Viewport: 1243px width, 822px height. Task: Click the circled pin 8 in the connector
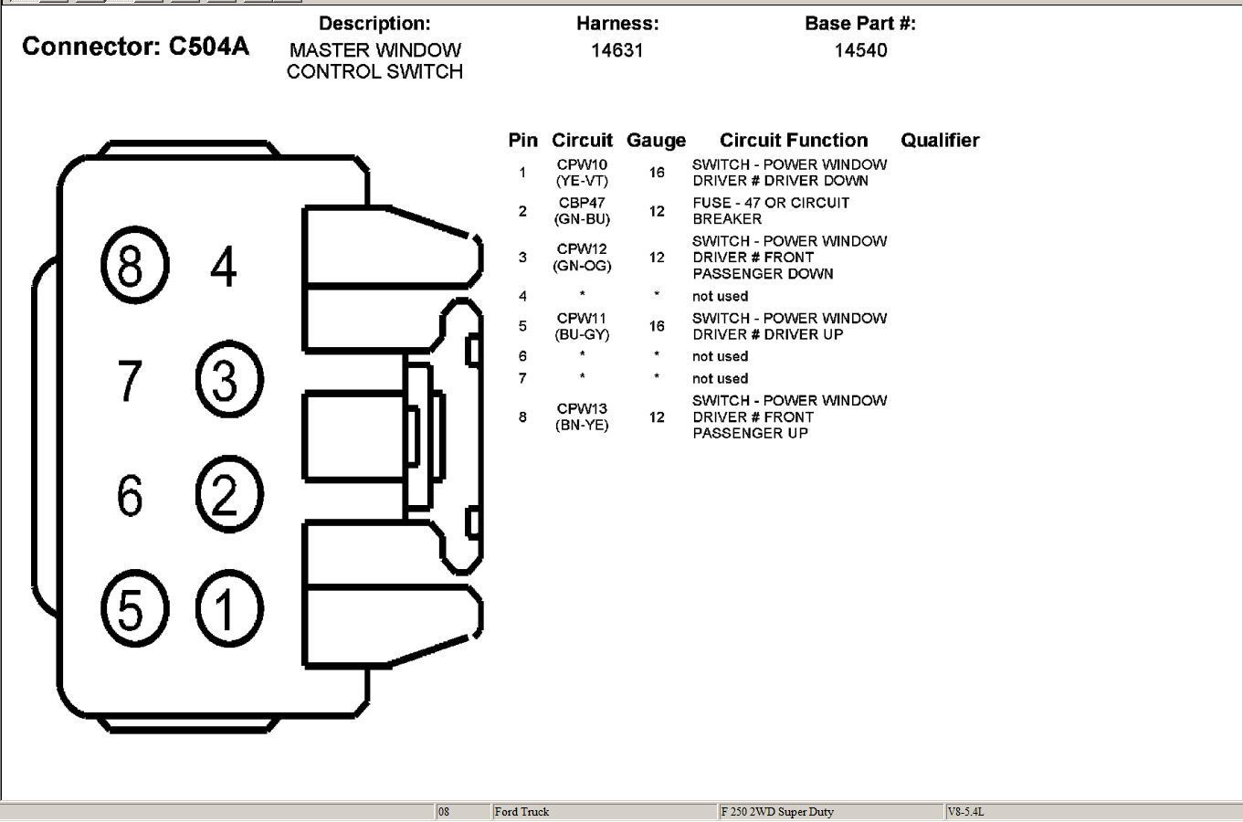coord(133,266)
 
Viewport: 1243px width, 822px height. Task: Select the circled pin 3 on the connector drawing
coord(229,379)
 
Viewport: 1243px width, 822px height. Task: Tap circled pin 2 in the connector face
coord(229,494)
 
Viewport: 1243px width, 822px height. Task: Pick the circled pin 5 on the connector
coord(133,608)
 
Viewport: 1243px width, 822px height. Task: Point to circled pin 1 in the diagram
coord(229,608)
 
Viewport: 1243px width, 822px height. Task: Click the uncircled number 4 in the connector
coord(224,267)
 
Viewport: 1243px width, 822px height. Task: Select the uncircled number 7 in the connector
coord(131,380)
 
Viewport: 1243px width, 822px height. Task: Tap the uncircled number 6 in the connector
coord(131,495)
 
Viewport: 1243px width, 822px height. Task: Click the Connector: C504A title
coord(135,47)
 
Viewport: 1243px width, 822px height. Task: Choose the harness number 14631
coord(616,50)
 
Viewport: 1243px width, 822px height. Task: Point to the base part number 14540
coord(860,50)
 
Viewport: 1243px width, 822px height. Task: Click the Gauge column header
coord(656,141)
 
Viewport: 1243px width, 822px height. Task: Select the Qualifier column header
coord(940,141)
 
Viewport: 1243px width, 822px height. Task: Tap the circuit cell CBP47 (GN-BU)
coord(583,211)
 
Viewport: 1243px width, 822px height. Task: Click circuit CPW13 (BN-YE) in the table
coord(583,416)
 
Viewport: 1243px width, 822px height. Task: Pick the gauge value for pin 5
coord(657,326)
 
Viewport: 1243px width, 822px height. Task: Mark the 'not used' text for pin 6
coord(720,356)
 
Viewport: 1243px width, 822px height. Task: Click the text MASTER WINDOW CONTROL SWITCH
coord(374,61)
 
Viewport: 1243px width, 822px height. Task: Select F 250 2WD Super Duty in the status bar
coord(777,811)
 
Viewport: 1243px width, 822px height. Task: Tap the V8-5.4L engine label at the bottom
coord(966,811)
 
